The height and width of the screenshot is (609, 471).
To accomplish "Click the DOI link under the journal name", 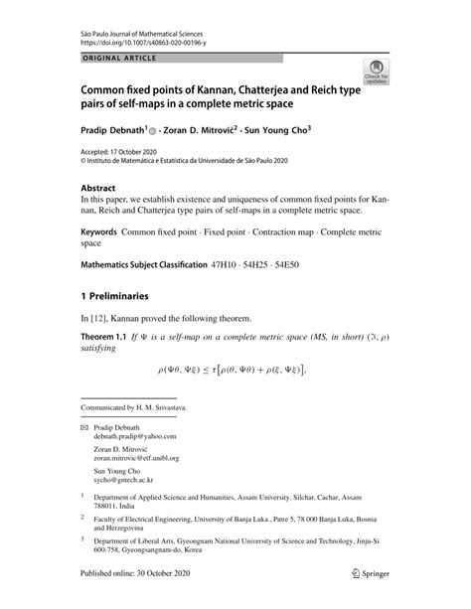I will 137,44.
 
